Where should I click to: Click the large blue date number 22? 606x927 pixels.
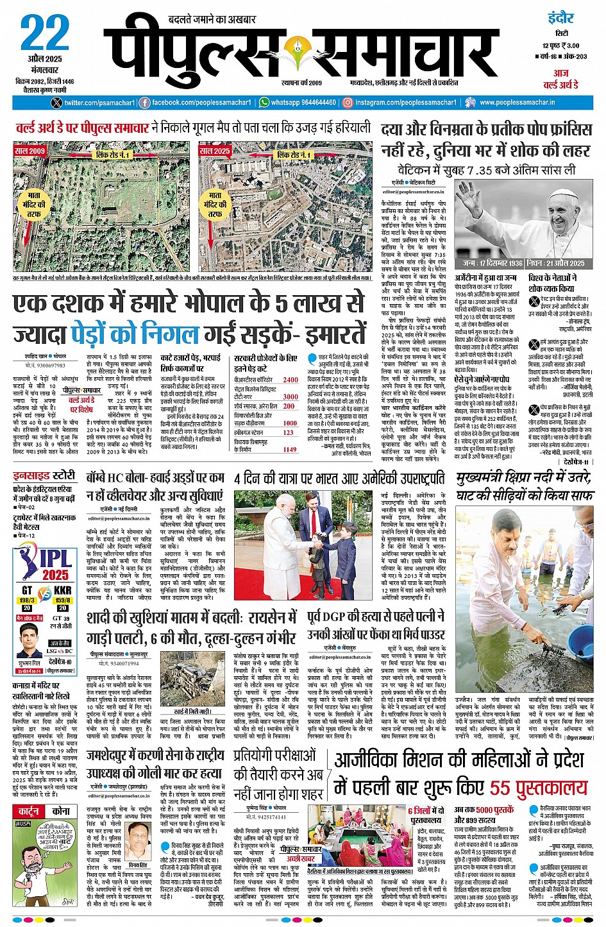pyautogui.click(x=45, y=33)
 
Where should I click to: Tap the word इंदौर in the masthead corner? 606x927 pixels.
pyautogui.click(x=561, y=17)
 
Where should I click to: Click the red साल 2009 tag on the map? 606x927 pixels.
pyautogui.click(x=29, y=151)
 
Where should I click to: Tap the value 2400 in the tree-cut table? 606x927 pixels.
pyautogui.click(x=290, y=380)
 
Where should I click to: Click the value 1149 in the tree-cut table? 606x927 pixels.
pyautogui.click(x=290, y=450)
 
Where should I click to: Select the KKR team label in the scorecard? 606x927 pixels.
pyautogui.click(x=63, y=590)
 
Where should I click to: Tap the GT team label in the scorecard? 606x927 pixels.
pyautogui.click(x=27, y=590)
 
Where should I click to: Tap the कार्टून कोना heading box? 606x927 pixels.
pyautogui.click(x=45, y=811)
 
